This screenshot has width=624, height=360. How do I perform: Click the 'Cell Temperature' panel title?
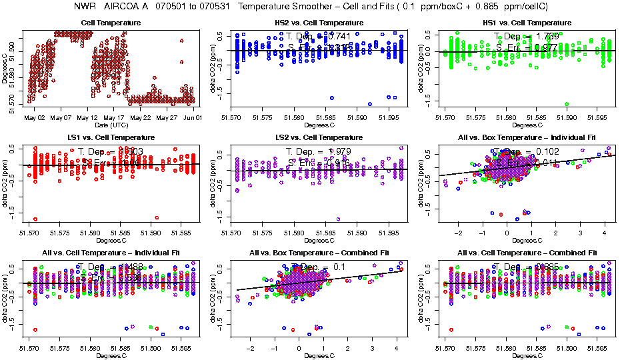coord(111,23)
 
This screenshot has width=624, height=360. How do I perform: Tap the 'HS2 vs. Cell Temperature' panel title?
coord(319,23)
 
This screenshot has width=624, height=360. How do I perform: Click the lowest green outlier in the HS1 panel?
coord(567,104)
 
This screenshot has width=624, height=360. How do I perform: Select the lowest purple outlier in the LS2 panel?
coord(338,219)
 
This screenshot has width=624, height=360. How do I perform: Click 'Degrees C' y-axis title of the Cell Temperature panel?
coord(5,67)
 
